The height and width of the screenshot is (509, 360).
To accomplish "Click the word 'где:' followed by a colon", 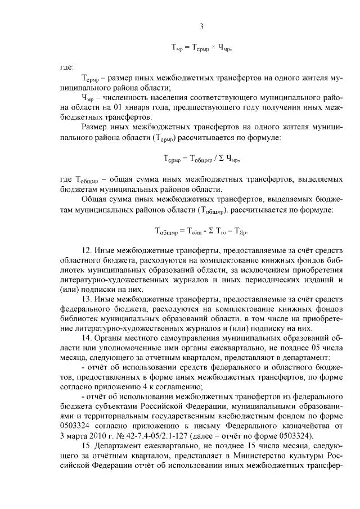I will coord(66,67).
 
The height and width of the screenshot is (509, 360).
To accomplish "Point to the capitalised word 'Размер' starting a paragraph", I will coord(94,128).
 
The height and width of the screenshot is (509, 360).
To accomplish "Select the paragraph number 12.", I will coord(87,250).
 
